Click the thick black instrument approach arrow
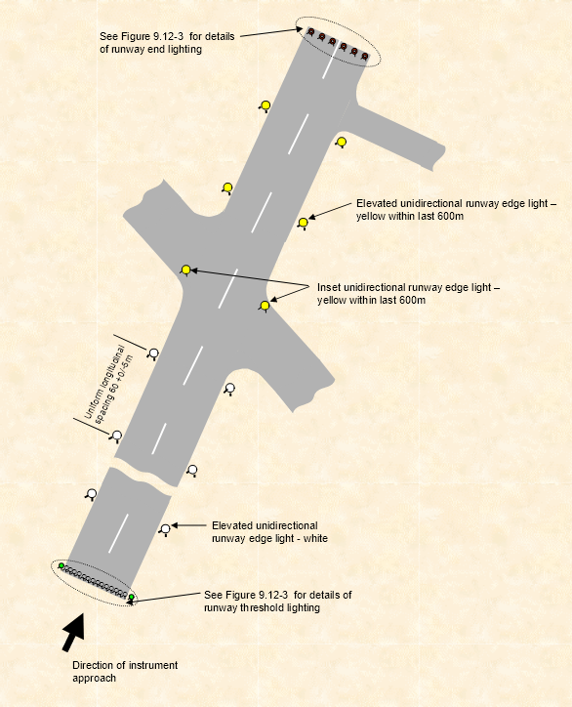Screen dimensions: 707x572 click(x=72, y=633)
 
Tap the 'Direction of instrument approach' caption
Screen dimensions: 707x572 click(x=125, y=671)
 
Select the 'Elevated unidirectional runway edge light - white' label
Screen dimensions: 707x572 click(x=269, y=531)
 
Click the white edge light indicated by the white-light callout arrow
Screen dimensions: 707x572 click(x=165, y=529)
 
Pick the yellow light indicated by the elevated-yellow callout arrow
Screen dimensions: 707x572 click(x=303, y=224)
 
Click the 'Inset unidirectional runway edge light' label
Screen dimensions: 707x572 click(x=408, y=294)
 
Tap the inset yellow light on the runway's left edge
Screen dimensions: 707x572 click(x=185, y=270)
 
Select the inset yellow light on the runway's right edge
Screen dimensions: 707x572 click(x=265, y=306)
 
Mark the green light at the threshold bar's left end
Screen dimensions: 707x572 click(x=61, y=565)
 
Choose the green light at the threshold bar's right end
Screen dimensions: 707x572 click(x=131, y=598)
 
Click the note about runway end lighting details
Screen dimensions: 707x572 click(x=165, y=43)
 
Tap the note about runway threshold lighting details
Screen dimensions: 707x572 click(x=277, y=601)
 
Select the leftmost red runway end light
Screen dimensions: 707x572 click(x=311, y=32)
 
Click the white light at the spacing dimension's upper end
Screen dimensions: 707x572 click(x=152, y=352)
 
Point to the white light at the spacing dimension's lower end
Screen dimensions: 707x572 click(x=116, y=436)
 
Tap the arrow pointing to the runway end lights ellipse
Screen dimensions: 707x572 click(x=267, y=34)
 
